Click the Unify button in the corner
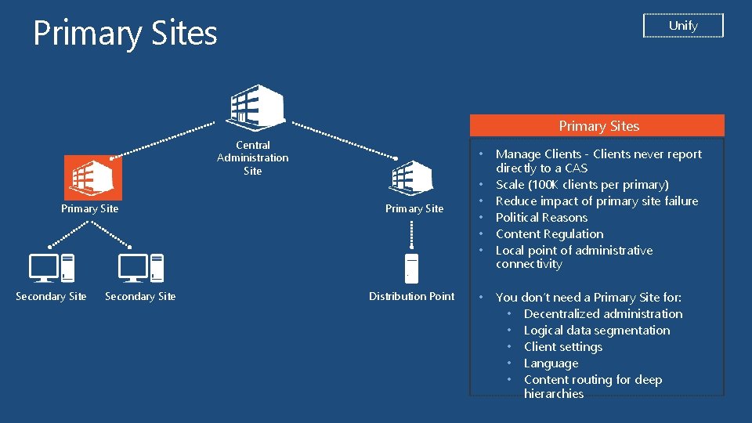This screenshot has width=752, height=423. (x=683, y=26)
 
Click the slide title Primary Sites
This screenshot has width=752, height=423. (x=125, y=33)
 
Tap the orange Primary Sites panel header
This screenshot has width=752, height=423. (x=598, y=126)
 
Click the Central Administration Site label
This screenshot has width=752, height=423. (x=252, y=157)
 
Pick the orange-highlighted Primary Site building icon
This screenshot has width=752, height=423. (x=90, y=178)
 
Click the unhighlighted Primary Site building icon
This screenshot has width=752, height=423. (x=413, y=178)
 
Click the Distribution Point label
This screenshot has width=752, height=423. (x=411, y=296)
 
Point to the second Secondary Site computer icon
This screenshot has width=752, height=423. (x=141, y=269)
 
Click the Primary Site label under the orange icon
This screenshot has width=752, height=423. (x=90, y=208)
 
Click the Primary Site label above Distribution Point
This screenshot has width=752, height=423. (x=414, y=208)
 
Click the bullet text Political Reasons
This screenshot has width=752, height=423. (x=541, y=218)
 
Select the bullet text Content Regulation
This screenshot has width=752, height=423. (x=549, y=234)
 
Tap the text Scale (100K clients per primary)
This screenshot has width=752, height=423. (x=582, y=185)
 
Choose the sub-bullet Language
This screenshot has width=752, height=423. (x=551, y=363)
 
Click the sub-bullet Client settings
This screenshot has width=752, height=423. (x=563, y=347)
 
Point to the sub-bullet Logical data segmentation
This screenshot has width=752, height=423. (x=597, y=331)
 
